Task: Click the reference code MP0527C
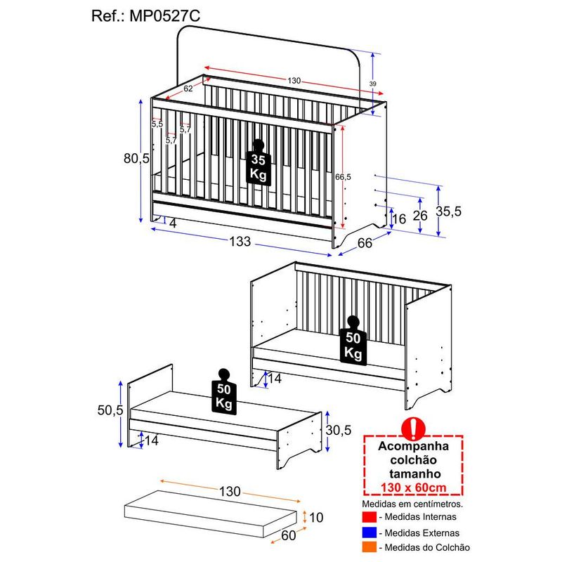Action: pos(164,16)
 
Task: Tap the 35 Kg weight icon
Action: pos(259,162)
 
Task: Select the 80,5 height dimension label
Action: pos(136,158)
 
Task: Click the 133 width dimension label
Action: pos(240,242)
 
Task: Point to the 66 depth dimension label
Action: pos(365,243)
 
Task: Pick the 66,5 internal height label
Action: pos(343,177)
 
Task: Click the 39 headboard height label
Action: pos(373,84)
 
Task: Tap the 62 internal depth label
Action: pos(188,89)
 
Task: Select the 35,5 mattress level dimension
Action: pos(448,211)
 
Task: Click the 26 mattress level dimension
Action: pos(420,216)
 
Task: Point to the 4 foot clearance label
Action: pos(173,223)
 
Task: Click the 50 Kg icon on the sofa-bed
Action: pos(353,341)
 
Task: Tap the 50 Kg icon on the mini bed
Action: pos(224,392)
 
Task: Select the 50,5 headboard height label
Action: pos(110,410)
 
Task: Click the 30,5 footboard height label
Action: pos(339,430)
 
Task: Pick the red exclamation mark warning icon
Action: pos(413,429)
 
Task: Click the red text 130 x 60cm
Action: pos(413,488)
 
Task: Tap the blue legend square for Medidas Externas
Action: pos(370,532)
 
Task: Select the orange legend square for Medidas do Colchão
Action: pos(370,547)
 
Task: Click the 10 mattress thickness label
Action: pos(316,517)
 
